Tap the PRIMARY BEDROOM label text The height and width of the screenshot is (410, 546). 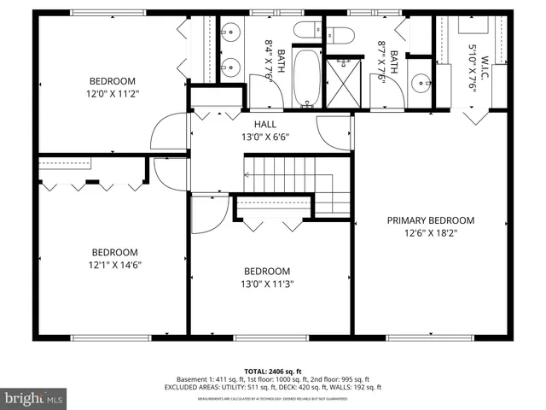coord(430,220)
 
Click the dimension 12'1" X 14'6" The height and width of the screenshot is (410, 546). coord(115,265)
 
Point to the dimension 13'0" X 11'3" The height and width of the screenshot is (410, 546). coord(267,284)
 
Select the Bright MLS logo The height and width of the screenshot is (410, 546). coord(34,397)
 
